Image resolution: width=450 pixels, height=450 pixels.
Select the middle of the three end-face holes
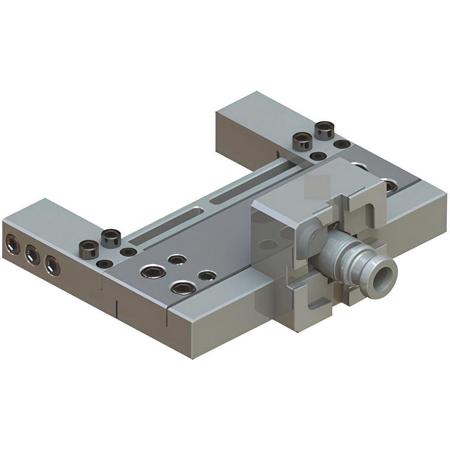[32, 256]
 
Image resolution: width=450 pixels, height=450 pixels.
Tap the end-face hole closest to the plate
[52, 266]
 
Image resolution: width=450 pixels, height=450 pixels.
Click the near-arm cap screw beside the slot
[111, 238]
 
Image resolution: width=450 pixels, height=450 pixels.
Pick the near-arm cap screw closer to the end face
[89, 249]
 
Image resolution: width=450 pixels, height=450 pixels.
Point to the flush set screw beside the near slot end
[128, 252]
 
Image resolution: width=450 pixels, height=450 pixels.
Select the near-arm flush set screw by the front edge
[105, 264]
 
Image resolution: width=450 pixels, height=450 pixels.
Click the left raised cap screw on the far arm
[302, 141]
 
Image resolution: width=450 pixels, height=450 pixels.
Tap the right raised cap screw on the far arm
[324, 130]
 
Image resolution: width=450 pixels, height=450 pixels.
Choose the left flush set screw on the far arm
[319, 156]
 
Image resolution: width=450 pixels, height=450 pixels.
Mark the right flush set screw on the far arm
[342, 144]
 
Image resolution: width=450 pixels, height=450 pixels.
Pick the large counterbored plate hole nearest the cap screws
[153, 272]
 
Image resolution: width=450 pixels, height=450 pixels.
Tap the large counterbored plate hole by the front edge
[183, 288]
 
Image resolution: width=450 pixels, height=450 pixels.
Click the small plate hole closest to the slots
[177, 259]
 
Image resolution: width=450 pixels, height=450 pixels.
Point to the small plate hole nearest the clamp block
[207, 275]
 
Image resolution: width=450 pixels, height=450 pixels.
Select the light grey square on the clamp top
[317, 187]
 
